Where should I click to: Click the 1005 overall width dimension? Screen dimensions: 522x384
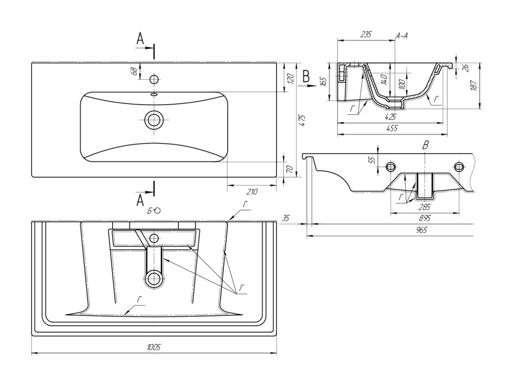[154, 348]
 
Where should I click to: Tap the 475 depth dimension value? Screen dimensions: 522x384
[302, 120]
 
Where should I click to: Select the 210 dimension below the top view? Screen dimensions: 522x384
[252, 192]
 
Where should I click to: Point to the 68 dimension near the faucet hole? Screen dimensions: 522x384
[134, 71]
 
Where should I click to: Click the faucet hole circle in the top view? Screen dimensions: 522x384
[154, 79]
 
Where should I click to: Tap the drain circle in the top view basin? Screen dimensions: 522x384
[154, 120]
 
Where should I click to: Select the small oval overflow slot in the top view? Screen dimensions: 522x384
[154, 95]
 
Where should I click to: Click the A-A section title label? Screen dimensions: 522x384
[402, 36]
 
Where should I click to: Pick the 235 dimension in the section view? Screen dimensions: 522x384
[365, 35]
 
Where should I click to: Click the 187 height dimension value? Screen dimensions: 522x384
[474, 86]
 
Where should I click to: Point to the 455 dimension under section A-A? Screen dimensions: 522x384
[392, 128]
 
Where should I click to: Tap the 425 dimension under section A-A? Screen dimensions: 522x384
[390, 117]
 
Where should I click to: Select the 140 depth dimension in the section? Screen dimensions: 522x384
[384, 79]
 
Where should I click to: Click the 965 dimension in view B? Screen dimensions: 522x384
[421, 230]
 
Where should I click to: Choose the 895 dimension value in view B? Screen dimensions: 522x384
[425, 218]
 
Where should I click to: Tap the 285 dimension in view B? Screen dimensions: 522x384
[424, 207]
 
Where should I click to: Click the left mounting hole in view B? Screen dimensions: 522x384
[391, 167]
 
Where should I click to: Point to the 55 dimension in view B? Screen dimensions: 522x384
[373, 160]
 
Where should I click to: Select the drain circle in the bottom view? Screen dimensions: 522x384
[154, 279]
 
